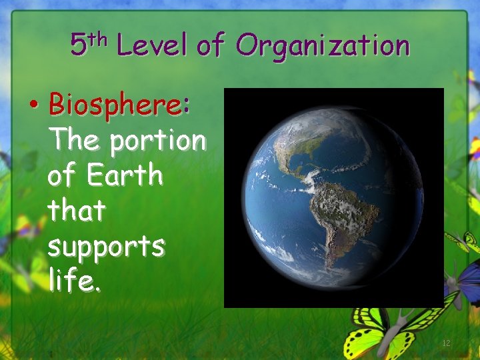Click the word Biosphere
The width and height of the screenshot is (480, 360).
pos(114,105)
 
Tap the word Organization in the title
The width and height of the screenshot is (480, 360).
pos(323,46)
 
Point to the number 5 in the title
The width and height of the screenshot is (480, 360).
pos(78,46)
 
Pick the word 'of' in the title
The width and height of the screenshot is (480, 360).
pos(211,46)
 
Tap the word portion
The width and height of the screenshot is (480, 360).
pos(158,141)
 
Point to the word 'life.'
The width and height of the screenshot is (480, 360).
pos(75,281)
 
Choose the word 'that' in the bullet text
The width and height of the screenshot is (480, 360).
pos(77,211)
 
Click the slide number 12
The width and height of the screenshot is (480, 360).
pos(446,343)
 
